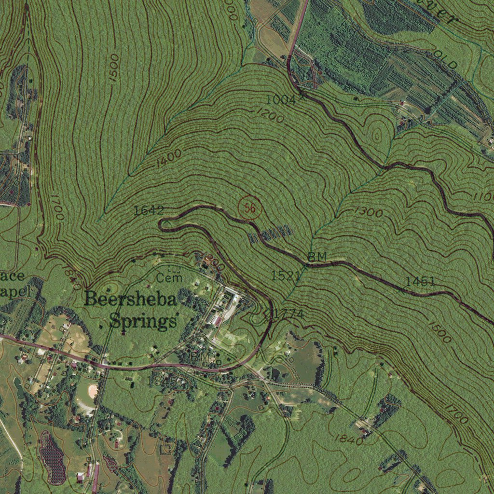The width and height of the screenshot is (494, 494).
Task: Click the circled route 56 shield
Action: [x=249, y=208]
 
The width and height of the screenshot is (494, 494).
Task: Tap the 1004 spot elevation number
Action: [x=280, y=100]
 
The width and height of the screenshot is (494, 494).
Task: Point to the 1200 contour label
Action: [x=270, y=115]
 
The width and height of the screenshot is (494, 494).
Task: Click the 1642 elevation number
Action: [x=149, y=210]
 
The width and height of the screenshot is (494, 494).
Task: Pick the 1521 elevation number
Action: [x=286, y=275]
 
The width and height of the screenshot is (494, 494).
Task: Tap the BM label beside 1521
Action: [x=317, y=256]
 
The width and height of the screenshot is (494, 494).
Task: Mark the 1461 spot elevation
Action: [x=420, y=281]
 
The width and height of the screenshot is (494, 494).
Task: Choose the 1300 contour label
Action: [x=369, y=211]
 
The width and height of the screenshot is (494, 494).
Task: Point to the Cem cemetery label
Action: [x=170, y=278]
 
